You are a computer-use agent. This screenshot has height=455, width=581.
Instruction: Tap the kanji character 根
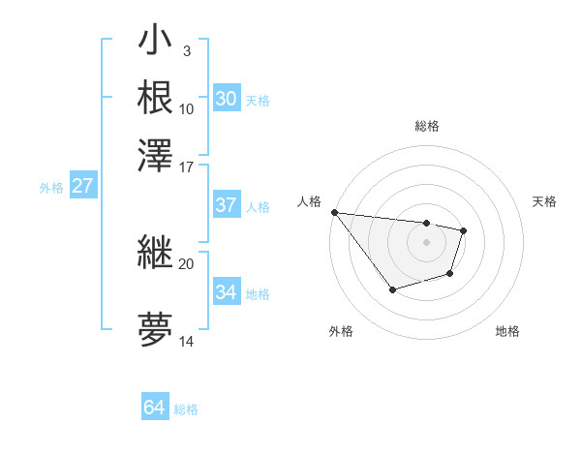(x=156, y=97)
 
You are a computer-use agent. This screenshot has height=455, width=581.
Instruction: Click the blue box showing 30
(x=226, y=99)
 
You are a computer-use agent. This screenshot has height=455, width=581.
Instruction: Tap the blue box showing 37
(x=226, y=205)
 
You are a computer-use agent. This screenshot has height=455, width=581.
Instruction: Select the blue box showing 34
(x=226, y=292)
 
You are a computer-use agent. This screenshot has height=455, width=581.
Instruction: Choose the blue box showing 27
(x=82, y=187)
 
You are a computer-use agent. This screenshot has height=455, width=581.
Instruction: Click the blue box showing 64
(x=154, y=408)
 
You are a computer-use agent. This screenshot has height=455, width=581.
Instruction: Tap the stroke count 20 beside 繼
(x=187, y=263)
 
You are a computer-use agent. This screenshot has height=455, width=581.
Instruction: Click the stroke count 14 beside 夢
(x=187, y=341)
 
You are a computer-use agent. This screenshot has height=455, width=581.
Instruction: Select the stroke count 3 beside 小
(x=186, y=50)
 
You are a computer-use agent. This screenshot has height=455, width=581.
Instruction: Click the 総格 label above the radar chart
(x=426, y=126)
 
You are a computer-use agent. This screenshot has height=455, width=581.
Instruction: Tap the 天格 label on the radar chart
(x=545, y=201)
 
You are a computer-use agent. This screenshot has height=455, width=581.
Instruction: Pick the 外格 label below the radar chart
(x=341, y=331)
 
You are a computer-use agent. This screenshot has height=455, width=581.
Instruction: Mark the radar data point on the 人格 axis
(x=334, y=212)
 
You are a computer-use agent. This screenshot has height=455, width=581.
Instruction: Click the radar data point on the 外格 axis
(x=392, y=289)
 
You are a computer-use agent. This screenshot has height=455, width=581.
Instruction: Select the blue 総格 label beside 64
(x=186, y=409)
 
